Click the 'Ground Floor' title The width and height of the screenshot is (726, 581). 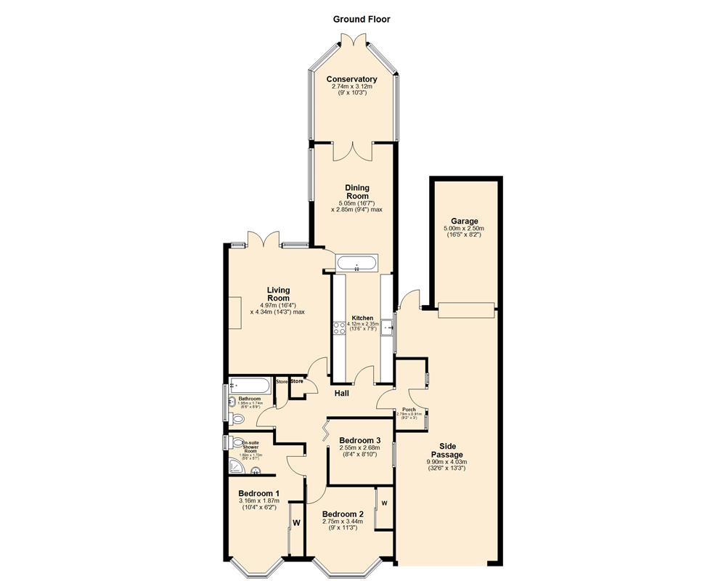coord(362,20)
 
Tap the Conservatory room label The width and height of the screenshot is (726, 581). coord(351,79)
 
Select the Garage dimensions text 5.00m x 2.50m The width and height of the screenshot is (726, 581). coord(462,229)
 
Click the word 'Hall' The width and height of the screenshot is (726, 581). coord(341,394)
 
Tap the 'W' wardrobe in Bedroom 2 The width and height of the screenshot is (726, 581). coord(385,503)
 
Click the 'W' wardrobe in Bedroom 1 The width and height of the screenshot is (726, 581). coord(296,522)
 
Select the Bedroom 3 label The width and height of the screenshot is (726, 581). coord(359,440)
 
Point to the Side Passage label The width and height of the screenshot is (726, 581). coord(446,450)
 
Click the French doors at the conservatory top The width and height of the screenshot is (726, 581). coord(352,41)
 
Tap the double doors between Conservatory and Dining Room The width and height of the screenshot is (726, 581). coord(352,150)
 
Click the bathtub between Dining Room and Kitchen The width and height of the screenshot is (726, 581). coord(357,263)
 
